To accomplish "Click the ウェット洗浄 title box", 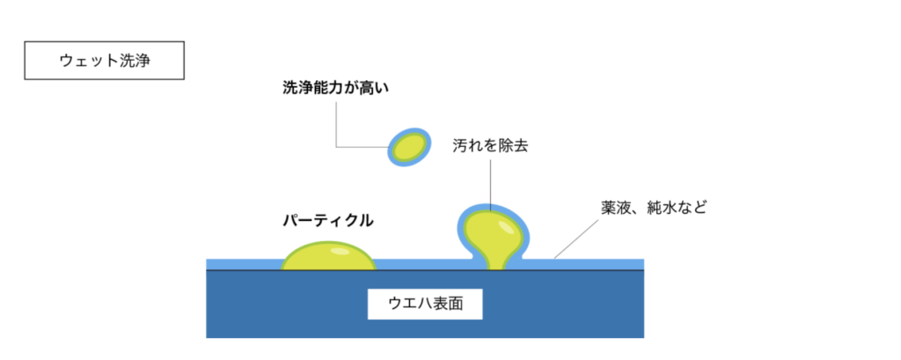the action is [104, 61].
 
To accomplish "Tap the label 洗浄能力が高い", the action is [332, 88].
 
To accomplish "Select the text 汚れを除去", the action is [490, 146].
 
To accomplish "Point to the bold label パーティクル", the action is [328, 220].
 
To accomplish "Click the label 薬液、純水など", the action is [653, 208].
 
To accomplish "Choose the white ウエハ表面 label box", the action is [425, 304].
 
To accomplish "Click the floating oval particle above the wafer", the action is [409, 147].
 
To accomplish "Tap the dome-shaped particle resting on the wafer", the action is [328, 256].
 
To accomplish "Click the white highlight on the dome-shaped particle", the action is [339, 251].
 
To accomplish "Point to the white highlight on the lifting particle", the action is [506, 227].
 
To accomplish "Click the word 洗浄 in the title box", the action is [135, 61].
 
